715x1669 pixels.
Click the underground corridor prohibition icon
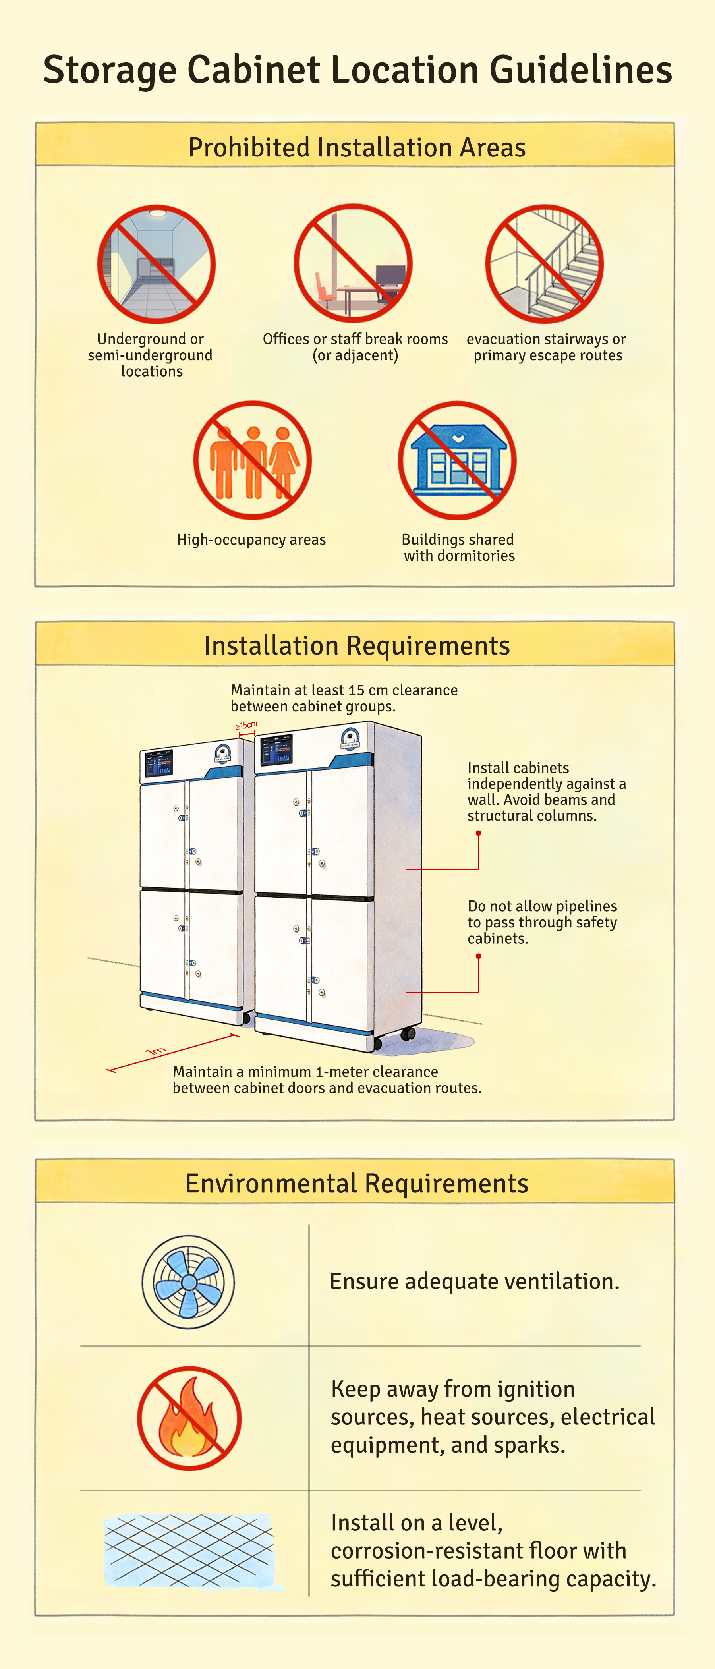pos(156,265)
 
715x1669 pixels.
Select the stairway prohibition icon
pos(545,264)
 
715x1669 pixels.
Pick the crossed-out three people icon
pos(253,460)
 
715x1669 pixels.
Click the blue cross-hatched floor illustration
pos(191,1550)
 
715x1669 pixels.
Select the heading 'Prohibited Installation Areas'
pos(357,148)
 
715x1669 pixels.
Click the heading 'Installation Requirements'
pos(357,646)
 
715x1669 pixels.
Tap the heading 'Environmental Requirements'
pos(357,1184)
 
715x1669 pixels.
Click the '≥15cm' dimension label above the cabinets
pos(246,725)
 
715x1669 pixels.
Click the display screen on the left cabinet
pos(158,763)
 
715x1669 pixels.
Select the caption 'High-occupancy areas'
pos(251,540)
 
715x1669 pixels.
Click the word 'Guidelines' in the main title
pos(581,70)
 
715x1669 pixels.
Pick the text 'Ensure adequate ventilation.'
pos(475,1282)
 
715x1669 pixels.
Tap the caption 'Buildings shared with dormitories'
pos(459,547)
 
